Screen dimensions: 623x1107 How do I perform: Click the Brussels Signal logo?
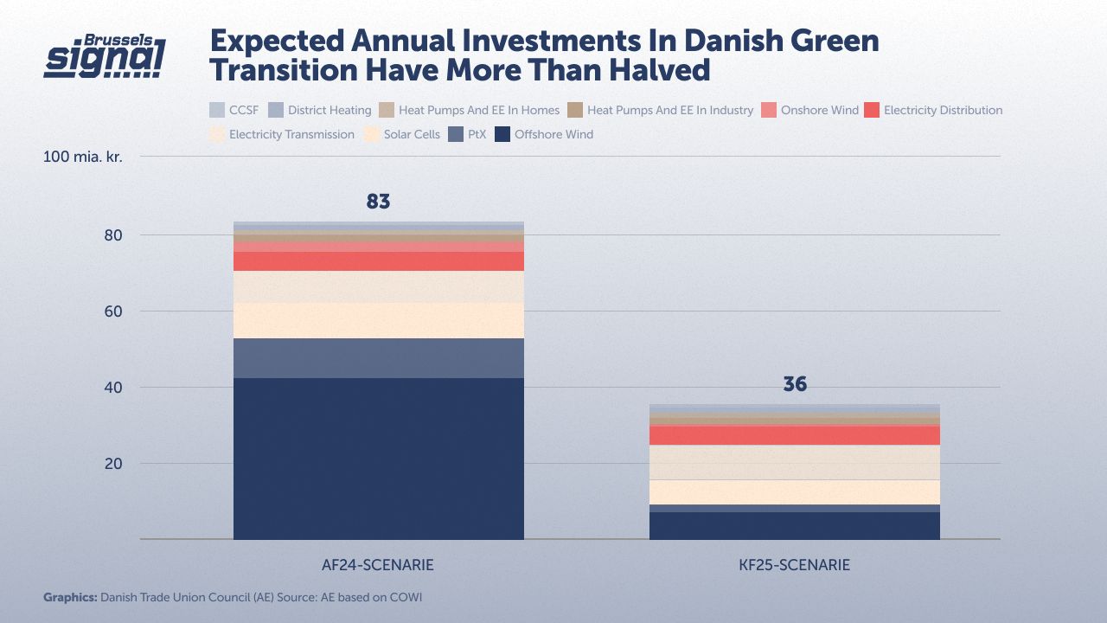(x=105, y=57)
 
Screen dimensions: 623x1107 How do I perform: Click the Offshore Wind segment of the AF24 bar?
(x=379, y=459)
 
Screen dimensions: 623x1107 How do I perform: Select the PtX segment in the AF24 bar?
(x=379, y=358)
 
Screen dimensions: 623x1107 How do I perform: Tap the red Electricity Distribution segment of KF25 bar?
(x=794, y=435)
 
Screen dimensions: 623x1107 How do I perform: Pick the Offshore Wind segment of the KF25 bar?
(x=794, y=525)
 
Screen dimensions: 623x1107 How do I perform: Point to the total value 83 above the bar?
(x=379, y=202)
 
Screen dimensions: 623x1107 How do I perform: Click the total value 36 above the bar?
(x=794, y=384)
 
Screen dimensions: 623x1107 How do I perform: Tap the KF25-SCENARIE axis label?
(x=793, y=565)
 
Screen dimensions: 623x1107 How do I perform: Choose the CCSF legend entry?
(x=234, y=110)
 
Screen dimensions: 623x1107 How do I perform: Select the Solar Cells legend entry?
(x=403, y=134)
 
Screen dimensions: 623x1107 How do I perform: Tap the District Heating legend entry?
(x=320, y=110)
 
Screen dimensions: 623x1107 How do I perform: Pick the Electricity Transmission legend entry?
(x=283, y=134)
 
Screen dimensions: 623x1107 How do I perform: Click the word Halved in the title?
(x=651, y=70)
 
